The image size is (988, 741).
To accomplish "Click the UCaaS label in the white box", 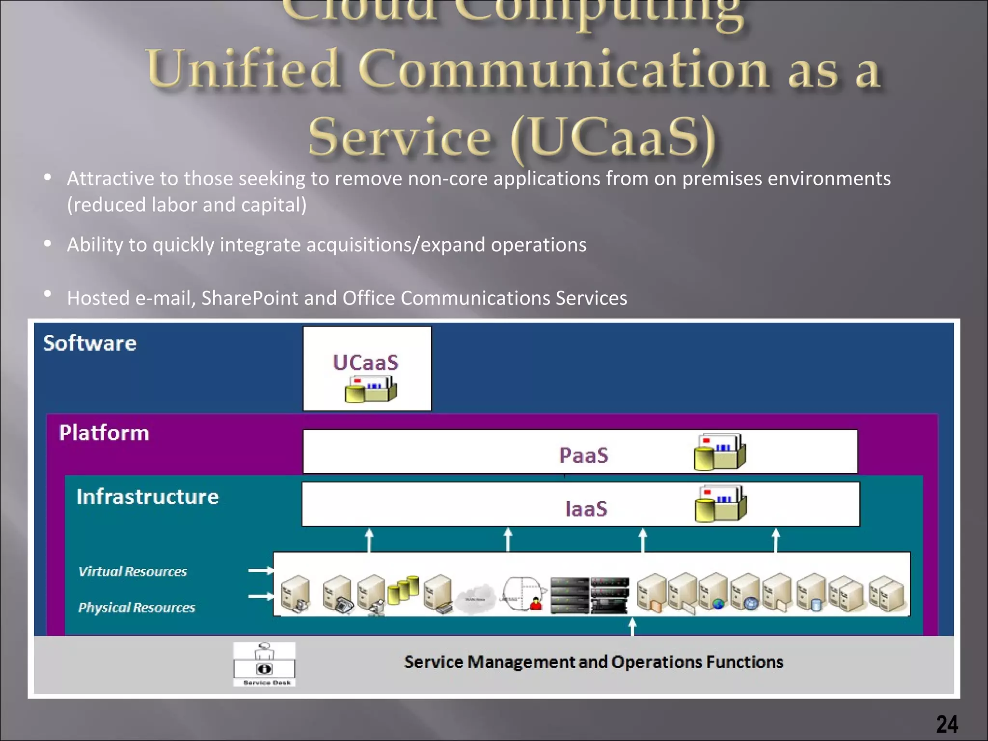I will [366, 363].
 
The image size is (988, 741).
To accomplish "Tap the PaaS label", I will [584, 455].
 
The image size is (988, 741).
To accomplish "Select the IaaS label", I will [586, 509].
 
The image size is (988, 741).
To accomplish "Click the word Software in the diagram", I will [90, 343].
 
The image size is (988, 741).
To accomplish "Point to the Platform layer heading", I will [104, 433].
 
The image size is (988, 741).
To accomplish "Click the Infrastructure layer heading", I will [148, 497].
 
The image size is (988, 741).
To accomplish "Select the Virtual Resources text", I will [133, 572].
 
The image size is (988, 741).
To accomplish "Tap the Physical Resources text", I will [137, 608].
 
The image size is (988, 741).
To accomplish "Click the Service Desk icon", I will [264, 663].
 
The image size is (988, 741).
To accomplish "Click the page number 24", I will [947, 724].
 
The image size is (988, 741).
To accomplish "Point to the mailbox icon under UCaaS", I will [370, 389].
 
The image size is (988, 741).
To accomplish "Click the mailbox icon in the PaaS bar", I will [719, 452].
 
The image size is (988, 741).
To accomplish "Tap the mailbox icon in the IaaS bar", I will [720, 504].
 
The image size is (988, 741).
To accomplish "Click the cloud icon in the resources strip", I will [476, 598].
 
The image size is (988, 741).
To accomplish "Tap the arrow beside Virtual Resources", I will [261, 571].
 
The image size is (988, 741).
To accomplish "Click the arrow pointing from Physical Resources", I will [261, 597].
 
